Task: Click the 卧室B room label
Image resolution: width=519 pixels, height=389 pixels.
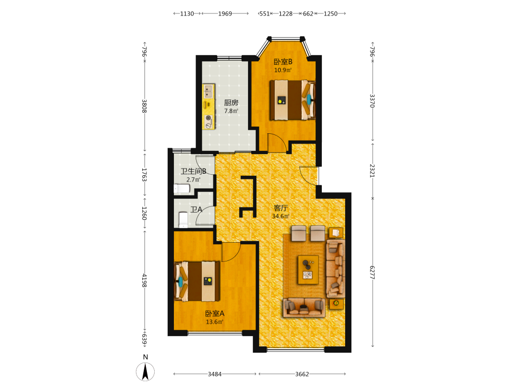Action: (283, 62)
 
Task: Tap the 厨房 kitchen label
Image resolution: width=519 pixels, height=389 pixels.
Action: (231, 103)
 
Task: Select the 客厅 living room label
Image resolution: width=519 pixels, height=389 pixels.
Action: (281, 208)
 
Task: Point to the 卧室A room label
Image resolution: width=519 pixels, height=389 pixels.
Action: (214, 313)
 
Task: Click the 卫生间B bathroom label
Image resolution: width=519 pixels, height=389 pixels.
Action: (193, 171)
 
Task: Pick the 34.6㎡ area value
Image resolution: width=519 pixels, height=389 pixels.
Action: (281, 216)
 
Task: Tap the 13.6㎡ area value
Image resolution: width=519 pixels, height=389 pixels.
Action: (214, 322)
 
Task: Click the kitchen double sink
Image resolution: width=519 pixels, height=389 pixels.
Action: (209, 91)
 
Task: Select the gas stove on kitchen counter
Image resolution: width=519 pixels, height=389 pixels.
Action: (209, 121)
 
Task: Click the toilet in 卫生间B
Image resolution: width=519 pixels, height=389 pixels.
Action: (182, 189)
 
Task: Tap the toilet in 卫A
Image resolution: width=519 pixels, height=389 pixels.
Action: (183, 220)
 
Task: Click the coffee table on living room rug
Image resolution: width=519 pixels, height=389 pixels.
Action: (308, 270)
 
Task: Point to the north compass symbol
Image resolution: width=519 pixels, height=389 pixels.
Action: (145, 371)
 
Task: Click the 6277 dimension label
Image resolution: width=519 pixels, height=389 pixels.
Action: (372, 272)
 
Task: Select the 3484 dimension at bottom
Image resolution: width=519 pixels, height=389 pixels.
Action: (214, 374)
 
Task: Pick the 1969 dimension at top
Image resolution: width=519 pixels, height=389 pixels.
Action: (225, 13)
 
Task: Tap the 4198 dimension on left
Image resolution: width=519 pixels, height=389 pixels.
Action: (144, 280)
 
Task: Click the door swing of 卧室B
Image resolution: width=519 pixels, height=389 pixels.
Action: (277, 143)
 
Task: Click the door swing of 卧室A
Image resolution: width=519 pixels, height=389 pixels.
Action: (231, 252)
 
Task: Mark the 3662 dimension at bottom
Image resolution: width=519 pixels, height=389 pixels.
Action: (302, 374)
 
